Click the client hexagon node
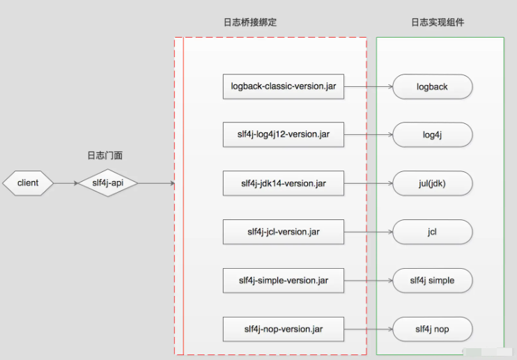(28, 183)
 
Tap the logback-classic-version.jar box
(283, 86)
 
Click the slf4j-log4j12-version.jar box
(283, 135)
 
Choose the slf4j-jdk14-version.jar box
(283, 184)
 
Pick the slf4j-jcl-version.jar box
(283, 232)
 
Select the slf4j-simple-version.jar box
(283, 280)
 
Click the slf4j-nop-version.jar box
(283, 328)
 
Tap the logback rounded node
(433, 87)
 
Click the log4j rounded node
(433, 135)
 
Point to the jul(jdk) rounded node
(433, 184)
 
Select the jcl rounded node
(433, 232)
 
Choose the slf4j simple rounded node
(433, 280)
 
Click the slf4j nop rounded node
(433, 328)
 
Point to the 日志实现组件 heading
(438, 22)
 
